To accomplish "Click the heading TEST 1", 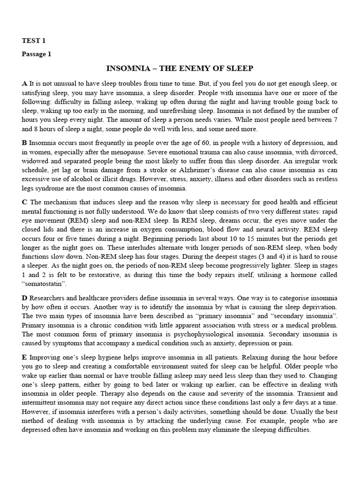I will pos(34,41).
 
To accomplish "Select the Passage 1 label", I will pos(36,54).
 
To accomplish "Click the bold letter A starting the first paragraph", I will pos(24,83).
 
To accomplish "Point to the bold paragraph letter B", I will pos(24,142).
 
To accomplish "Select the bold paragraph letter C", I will pos(24,202).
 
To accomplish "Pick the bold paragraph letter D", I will pos(24,298).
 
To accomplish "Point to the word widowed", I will pos(35,161).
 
